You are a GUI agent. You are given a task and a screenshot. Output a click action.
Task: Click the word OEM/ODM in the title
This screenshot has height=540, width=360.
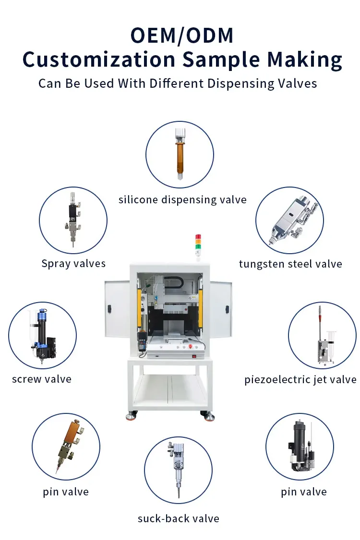tap(182, 35)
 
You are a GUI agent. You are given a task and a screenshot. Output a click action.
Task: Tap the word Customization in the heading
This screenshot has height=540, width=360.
tap(99, 59)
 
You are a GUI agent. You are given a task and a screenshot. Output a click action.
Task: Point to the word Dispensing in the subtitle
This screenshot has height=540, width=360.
tap(240, 84)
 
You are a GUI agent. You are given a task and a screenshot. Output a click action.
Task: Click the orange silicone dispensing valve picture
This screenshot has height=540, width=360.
tap(180, 154)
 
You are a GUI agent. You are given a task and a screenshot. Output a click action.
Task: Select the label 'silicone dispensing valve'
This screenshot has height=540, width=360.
tap(182, 200)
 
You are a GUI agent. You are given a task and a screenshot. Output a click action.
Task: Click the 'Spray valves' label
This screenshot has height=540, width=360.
tap(73, 264)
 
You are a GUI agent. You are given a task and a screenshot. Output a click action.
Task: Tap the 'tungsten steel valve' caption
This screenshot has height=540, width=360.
tap(290, 264)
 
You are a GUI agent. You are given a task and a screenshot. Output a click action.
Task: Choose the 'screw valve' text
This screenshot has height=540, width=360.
tap(42, 379)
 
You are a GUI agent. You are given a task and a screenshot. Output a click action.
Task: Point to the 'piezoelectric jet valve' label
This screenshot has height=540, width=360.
tap(300, 379)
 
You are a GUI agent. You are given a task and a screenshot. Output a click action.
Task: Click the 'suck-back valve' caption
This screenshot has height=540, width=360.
tap(178, 518)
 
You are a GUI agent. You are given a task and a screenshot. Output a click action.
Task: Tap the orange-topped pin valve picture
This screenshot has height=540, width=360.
tap(70, 446)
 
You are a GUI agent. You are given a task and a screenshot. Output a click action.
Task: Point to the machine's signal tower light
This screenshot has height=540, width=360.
tap(198, 246)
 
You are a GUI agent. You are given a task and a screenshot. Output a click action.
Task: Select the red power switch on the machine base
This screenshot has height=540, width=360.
tap(194, 356)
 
